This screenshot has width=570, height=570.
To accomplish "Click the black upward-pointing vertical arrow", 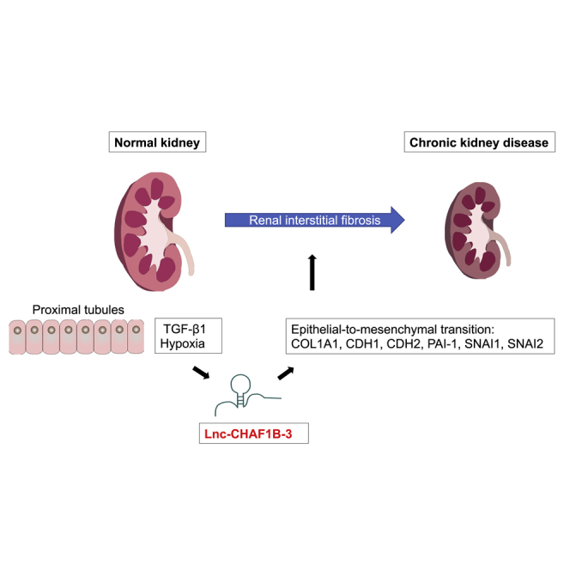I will coord(312,272).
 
